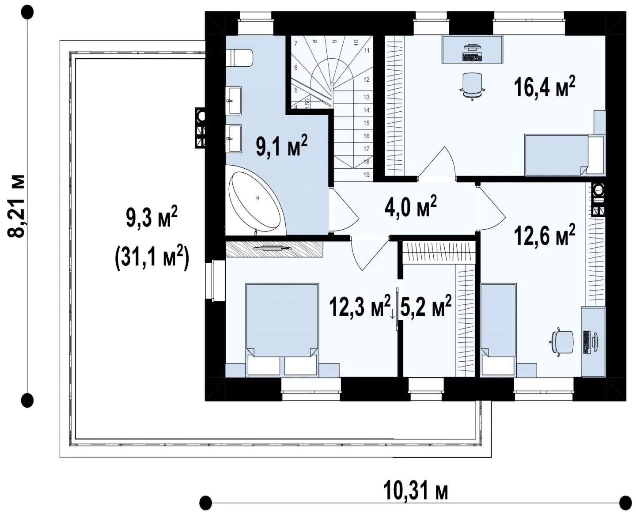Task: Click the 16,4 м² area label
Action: pyautogui.click(x=544, y=87)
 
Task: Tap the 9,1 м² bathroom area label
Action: pyautogui.click(x=281, y=146)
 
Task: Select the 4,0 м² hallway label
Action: pyautogui.click(x=411, y=206)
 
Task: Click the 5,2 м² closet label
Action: pyautogui.click(x=426, y=306)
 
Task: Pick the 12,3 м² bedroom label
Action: pyautogui.click(x=360, y=306)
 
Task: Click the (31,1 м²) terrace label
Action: pyautogui.click(x=152, y=257)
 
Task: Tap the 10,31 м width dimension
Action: pyautogui.click(x=416, y=491)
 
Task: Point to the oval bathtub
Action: pyautogui.click(x=255, y=201)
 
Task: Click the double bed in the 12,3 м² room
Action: pyautogui.click(x=282, y=329)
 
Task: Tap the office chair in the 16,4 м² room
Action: pyautogui.click(x=472, y=86)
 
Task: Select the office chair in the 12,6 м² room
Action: pyautogui.click(x=562, y=342)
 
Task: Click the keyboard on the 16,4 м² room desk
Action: pyautogui.click(x=472, y=57)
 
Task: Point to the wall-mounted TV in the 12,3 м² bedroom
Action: pyautogui.click(x=273, y=248)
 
